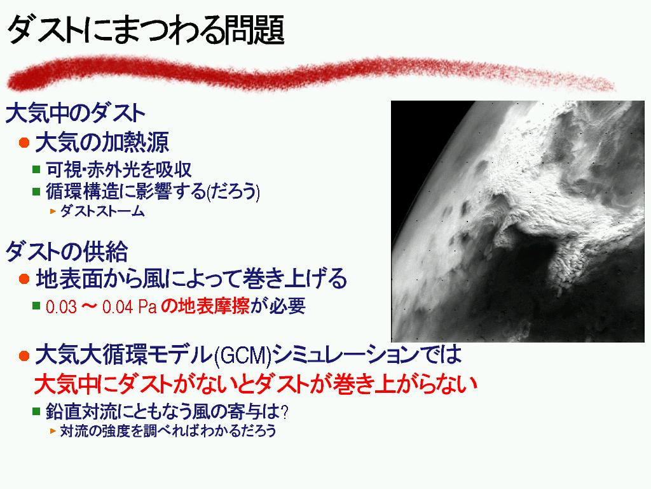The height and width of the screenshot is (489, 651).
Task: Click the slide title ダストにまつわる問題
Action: (x=146, y=30)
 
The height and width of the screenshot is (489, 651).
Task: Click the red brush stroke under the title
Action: (x=310, y=75)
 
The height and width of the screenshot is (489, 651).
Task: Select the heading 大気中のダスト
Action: (x=75, y=113)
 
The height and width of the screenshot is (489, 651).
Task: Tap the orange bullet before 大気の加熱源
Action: (x=24, y=143)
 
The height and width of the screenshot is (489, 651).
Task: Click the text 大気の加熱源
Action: (x=102, y=143)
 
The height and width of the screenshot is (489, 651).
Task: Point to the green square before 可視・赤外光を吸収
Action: (x=36, y=169)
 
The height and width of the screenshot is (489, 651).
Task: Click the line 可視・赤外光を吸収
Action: (x=119, y=169)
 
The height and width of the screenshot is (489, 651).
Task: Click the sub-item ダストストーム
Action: (x=102, y=211)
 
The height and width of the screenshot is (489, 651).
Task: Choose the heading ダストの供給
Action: (x=66, y=251)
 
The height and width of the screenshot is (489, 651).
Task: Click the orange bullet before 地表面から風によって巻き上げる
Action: (x=24, y=279)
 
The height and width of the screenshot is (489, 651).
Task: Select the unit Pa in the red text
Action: (x=147, y=307)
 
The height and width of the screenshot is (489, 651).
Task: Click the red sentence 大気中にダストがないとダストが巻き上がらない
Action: (x=256, y=384)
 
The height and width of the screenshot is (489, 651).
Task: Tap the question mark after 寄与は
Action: (x=284, y=413)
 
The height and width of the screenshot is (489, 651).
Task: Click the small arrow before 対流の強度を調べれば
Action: (x=53, y=431)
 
